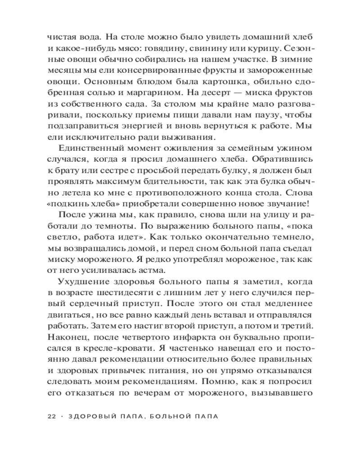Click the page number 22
(51, 416)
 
